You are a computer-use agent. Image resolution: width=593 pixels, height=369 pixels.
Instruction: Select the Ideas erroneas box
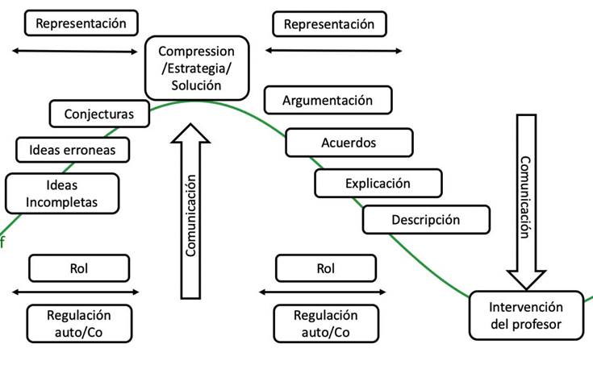tap(73, 149)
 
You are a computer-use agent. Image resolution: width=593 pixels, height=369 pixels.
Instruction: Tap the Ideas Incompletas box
tap(61, 193)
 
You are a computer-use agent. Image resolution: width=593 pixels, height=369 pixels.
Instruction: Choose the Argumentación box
tap(328, 101)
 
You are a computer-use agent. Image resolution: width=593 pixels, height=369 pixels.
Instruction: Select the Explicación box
tap(377, 183)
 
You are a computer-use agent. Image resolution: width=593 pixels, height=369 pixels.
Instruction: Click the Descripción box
tap(425, 219)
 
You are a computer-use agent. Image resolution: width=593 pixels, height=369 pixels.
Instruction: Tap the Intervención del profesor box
tap(525, 315)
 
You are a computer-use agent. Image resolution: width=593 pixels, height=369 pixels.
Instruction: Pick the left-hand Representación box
tap(81, 23)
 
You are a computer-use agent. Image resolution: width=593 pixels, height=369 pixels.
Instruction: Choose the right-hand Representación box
tap(329, 24)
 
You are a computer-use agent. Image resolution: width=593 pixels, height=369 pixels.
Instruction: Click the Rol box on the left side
tap(79, 268)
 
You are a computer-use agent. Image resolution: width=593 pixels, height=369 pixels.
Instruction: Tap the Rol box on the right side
tap(325, 268)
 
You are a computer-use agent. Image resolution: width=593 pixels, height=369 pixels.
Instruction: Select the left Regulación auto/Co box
tap(79, 323)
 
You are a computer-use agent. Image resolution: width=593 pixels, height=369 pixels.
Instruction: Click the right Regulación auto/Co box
tap(325, 323)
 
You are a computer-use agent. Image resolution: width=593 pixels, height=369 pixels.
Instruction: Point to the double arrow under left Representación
tap(76, 52)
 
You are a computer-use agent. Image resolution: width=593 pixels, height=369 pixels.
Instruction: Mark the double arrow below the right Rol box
tap(324, 292)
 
